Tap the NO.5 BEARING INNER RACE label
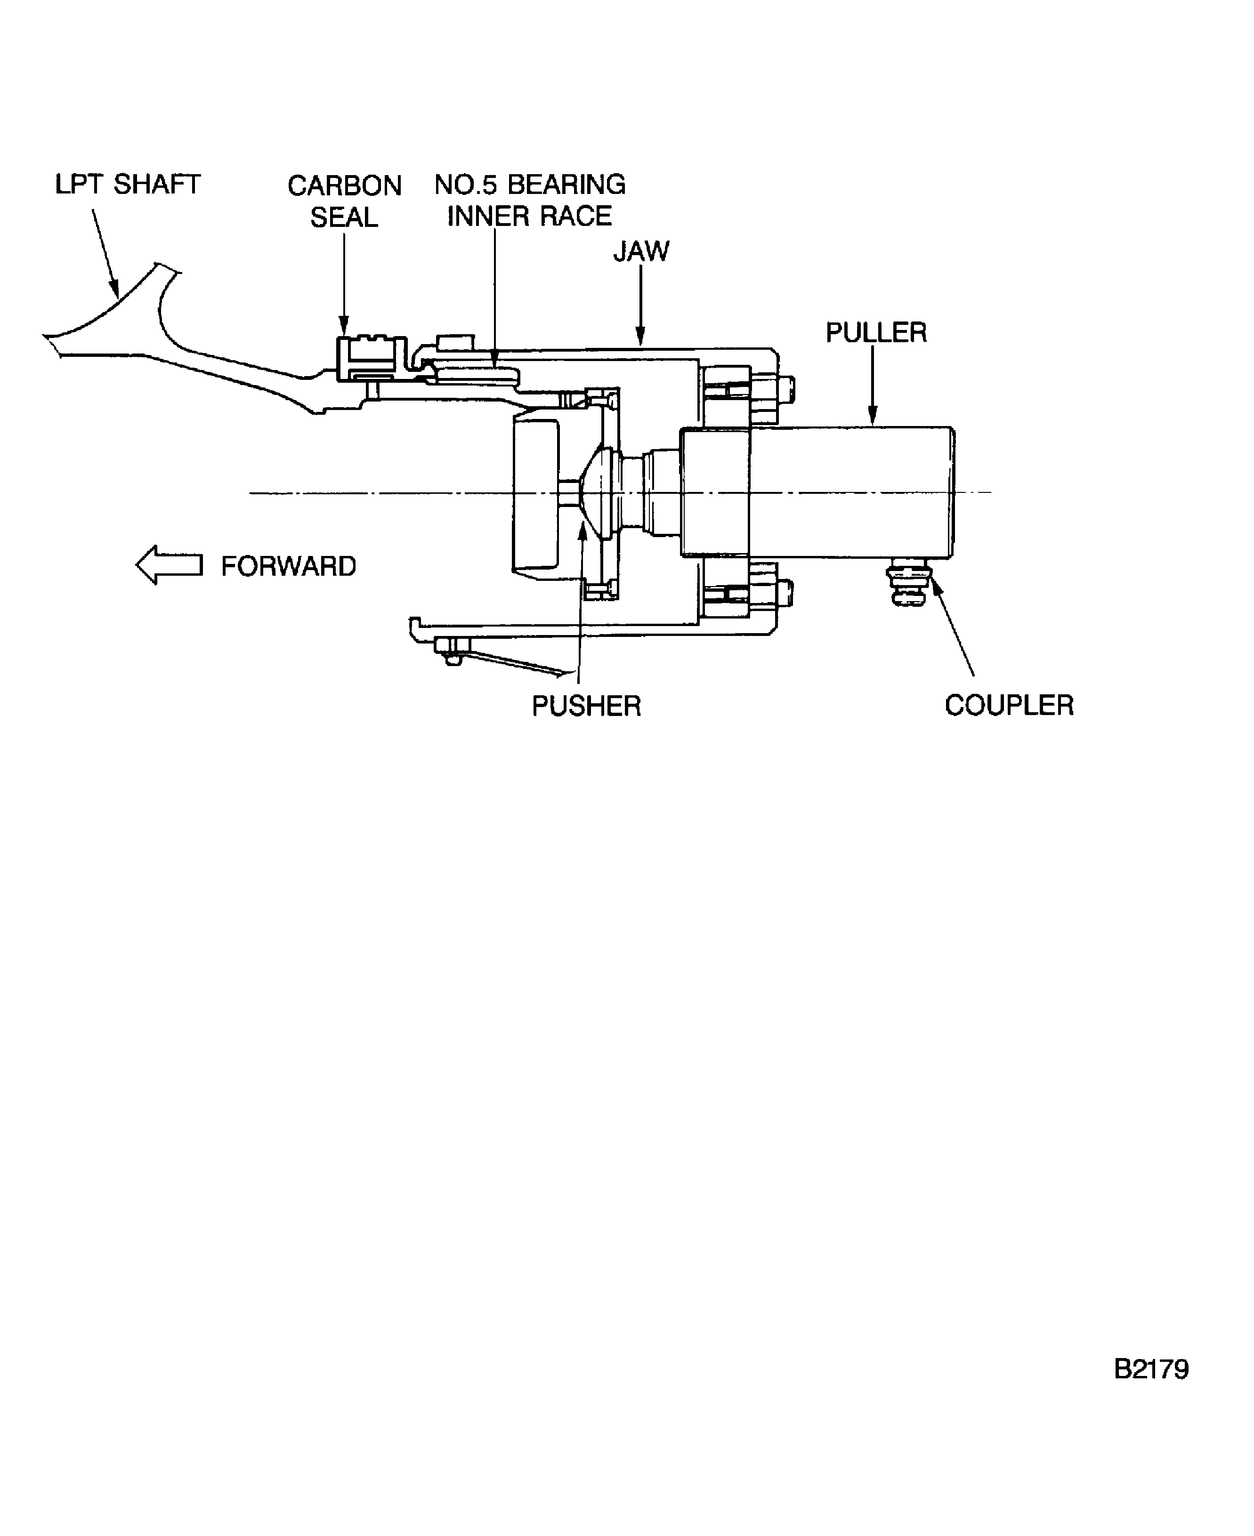(529, 200)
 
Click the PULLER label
(875, 332)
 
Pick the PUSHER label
(586, 706)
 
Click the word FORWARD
(288, 566)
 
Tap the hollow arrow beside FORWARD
(169, 565)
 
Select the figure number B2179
(1151, 1368)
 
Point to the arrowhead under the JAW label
(640, 335)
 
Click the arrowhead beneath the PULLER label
(873, 416)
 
